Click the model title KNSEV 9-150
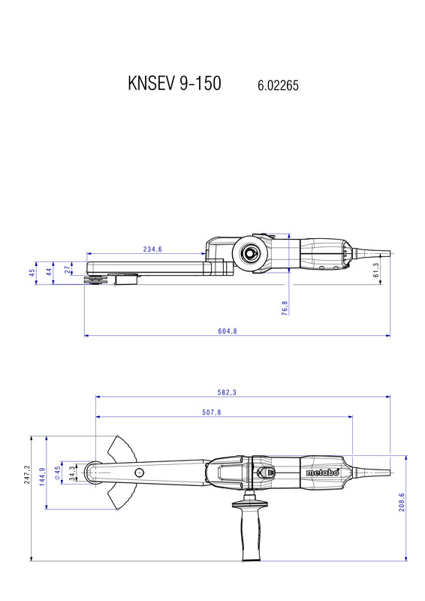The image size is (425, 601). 174,83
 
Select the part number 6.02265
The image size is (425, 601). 278,85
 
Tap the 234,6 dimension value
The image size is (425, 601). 152,249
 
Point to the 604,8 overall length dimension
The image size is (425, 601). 228,331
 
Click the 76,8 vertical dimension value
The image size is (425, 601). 285,308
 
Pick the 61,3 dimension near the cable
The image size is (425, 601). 376,270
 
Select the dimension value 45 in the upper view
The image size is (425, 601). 32,273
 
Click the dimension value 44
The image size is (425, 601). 49,272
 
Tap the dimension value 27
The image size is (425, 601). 68,270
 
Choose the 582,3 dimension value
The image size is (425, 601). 227,392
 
